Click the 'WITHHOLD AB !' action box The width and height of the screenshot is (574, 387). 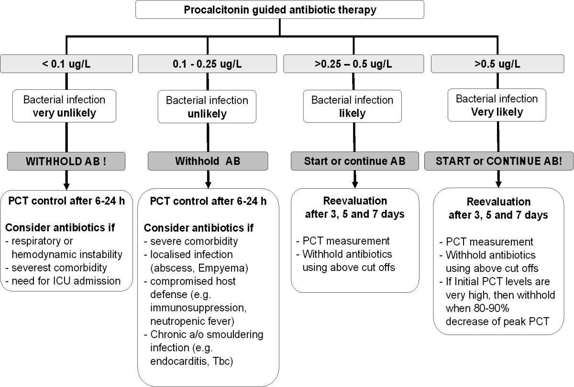click(66, 161)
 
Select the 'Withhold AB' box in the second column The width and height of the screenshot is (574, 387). click(207, 161)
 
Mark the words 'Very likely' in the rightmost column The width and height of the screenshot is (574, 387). click(497, 113)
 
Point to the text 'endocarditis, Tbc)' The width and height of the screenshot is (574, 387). click(189, 362)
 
